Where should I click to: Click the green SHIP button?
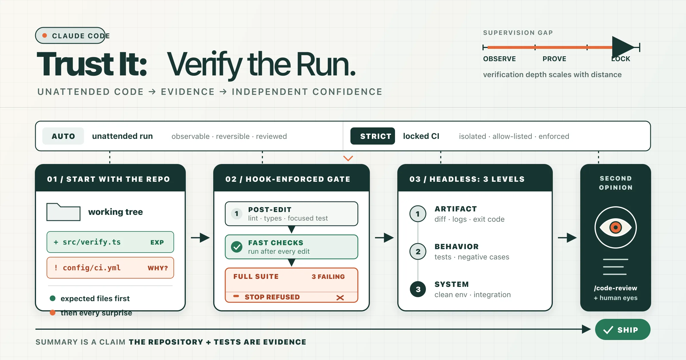(623, 330)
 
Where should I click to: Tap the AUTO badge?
(63, 136)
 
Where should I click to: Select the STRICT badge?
(373, 136)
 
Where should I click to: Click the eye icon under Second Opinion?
(616, 227)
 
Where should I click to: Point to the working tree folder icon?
(63, 212)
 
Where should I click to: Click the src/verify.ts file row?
(110, 242)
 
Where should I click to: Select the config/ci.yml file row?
(110, 268)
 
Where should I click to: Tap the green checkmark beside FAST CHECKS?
(237, 247)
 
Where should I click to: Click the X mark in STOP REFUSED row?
(340, 298)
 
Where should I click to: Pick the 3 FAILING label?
(328, 277)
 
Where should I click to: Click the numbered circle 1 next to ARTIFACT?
(418, 214)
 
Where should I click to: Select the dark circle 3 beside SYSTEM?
(418, 289)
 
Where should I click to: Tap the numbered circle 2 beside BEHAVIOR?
(418, 251)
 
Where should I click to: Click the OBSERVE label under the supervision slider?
(499, 59)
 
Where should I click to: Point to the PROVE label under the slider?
(554, 59)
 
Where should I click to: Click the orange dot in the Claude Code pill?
(45, 35)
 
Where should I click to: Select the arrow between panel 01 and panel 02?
(200, 238)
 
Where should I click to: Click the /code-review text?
(615, 288)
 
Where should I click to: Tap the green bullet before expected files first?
(53, 298)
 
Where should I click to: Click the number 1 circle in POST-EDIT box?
(237, 214)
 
